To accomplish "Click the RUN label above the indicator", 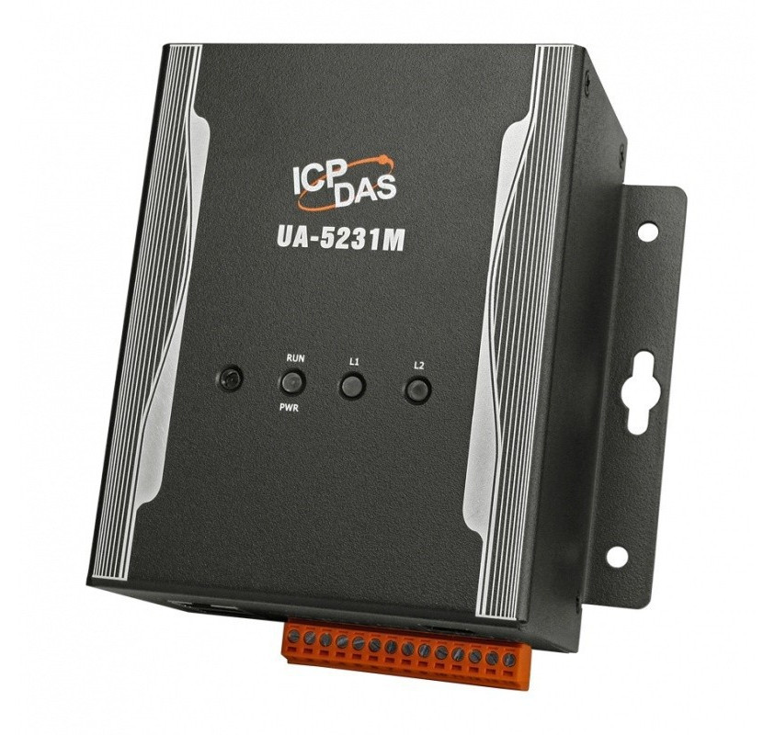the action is pyautogui.click(x=295, y=358).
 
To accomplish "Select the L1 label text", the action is pyautogui.click(x=354, y=362).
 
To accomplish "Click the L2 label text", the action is pyautogui.click(x=419, y=366).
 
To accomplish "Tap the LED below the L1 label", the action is pyautogui.click(x=352, y=386).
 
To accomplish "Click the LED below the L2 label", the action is pyautogui.click(x=418, y=390).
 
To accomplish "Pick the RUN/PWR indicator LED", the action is pyautogui.click(x=292, y=383).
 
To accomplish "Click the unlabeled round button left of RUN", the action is pyautogui.click(x=231, y=379).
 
